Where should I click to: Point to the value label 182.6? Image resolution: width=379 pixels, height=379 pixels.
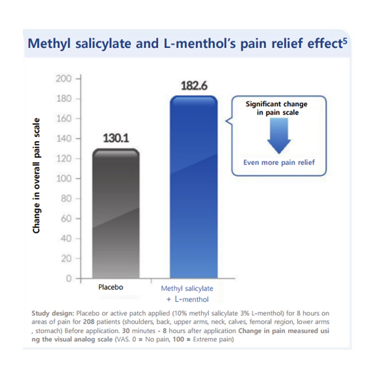tap(194, 86)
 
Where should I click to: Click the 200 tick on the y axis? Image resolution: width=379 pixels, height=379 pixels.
tap(63, 79)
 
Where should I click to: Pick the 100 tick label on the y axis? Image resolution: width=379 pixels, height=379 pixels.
tap(63, 179)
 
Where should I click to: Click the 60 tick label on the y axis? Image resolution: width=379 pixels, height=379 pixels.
tap(65, 219)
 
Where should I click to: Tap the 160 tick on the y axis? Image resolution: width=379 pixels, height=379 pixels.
tap(63, 119)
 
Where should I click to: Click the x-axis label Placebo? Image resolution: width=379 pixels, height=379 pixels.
tap(111, 287)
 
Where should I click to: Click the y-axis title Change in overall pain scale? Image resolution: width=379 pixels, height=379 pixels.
tap(36, 176)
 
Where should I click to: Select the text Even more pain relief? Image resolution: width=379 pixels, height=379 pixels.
tap(279, 162)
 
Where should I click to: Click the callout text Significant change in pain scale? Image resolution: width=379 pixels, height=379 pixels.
tap(276, 108)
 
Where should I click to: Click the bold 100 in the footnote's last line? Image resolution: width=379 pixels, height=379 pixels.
tap(198, 340)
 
